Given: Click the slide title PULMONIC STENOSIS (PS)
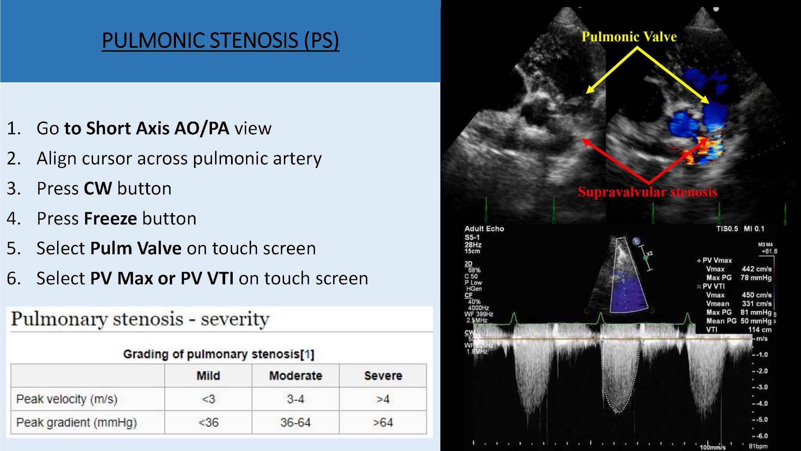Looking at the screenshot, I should click(220, 40).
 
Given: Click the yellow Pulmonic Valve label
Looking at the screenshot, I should click(629, 37).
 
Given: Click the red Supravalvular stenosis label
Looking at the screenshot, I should click(647, 192).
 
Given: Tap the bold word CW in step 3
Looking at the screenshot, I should click(98, 188).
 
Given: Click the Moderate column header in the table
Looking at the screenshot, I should click(295, 375).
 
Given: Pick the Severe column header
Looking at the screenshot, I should click(383, 375).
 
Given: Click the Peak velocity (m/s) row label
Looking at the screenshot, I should click(67, 399).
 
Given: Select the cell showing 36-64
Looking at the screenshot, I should click(295, 422).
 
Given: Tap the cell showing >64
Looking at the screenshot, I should click(383, 422).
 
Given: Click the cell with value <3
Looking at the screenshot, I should click(208, 399).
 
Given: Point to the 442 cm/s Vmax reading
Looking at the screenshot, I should click(756, 269).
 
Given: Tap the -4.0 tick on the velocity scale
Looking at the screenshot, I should click(760, 403).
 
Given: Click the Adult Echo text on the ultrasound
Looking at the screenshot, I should click(484, 229).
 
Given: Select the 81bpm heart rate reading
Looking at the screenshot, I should click(758, 446).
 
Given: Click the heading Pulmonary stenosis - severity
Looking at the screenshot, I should click(140, 319).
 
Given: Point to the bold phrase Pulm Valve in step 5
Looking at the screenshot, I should click(136, 248).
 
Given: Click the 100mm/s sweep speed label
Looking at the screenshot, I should click(712, 447).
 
